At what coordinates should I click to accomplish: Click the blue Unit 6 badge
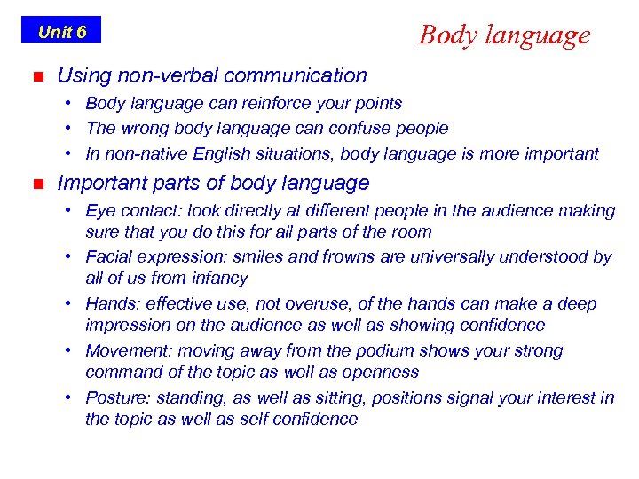point(61,30)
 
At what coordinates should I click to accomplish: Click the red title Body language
point(504,35)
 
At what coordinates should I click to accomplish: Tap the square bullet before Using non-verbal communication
point(36,77)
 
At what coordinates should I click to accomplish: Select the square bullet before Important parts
point(36,185)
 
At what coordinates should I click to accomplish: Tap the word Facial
point(110,257)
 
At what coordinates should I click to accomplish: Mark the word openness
point(381,372)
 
